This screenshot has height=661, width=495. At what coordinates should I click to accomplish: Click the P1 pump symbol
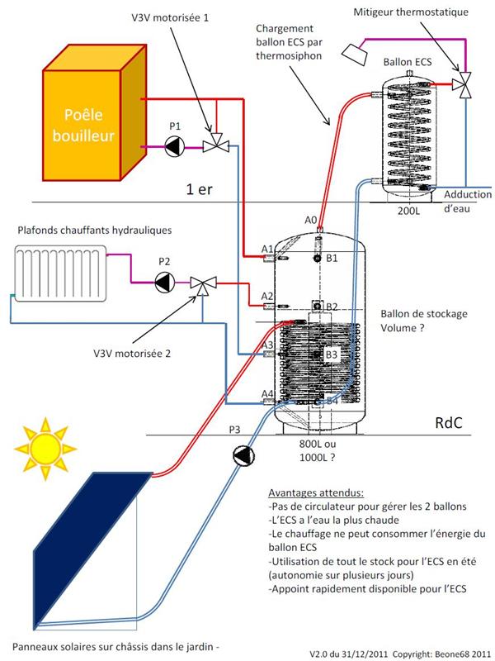coord(173,148)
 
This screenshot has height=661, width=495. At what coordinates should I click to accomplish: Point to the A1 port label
coord(266,249)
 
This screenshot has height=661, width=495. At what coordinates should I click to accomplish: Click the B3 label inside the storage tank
coord(332,354)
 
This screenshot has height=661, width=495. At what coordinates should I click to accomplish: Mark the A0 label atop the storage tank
coord(311,220)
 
